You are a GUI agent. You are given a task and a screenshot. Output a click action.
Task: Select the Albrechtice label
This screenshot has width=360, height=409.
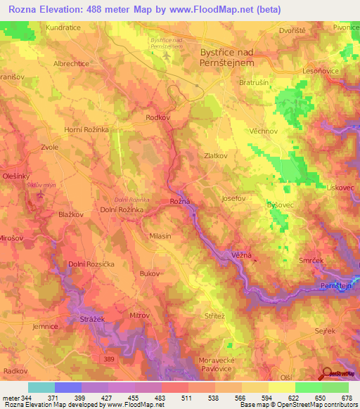(71, 63)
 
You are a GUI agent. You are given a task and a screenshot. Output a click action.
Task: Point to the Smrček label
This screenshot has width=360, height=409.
(310, 260)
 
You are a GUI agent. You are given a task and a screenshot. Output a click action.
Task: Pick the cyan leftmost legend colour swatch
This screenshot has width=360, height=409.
(41, 387)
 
